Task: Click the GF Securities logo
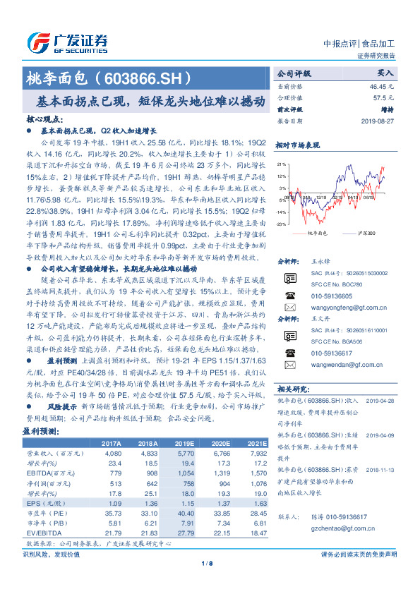pos(67,42)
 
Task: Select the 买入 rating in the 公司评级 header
pos(385,73)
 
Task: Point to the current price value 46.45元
pos(380,85)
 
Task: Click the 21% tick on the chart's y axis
pos(282,164)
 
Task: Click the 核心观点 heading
pos(43,121)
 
